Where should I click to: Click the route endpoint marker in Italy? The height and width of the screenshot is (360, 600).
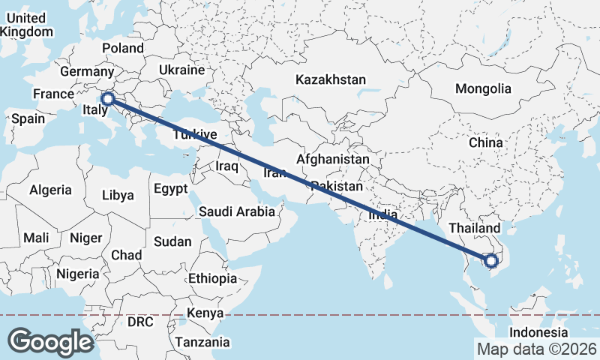tap(107, 98)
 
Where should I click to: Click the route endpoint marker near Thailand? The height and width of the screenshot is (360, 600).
tap(491, 261)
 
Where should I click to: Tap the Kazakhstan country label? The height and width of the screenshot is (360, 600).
tap(330, 79)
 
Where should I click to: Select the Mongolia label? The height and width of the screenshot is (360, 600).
tap(483, 88)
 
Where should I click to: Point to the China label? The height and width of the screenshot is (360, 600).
tap(485, 142)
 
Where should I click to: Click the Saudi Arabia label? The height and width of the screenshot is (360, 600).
tap(237, 211)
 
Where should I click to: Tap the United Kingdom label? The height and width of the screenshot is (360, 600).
tap(28, 25)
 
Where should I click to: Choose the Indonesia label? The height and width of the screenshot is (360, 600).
tap(538, 332)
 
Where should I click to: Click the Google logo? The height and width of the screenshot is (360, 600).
tap(50, 342)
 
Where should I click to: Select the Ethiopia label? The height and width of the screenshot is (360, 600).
tap(213, 278)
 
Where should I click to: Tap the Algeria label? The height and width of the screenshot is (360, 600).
tap(51, 190)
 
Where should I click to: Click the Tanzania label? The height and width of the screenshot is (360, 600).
tap(202, 342)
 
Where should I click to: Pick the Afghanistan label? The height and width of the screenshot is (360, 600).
tap(332, 160)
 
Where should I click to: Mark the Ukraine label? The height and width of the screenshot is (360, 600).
tap(181, 70)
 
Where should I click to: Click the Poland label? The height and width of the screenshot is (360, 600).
tap(123, 48)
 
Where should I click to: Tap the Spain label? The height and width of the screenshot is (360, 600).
tap(28, 118)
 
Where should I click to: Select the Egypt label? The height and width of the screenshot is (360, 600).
tap(170, 189)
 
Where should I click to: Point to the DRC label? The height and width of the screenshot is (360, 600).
tap(139, 322)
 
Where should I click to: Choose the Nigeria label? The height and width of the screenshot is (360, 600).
tap(77, 274)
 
